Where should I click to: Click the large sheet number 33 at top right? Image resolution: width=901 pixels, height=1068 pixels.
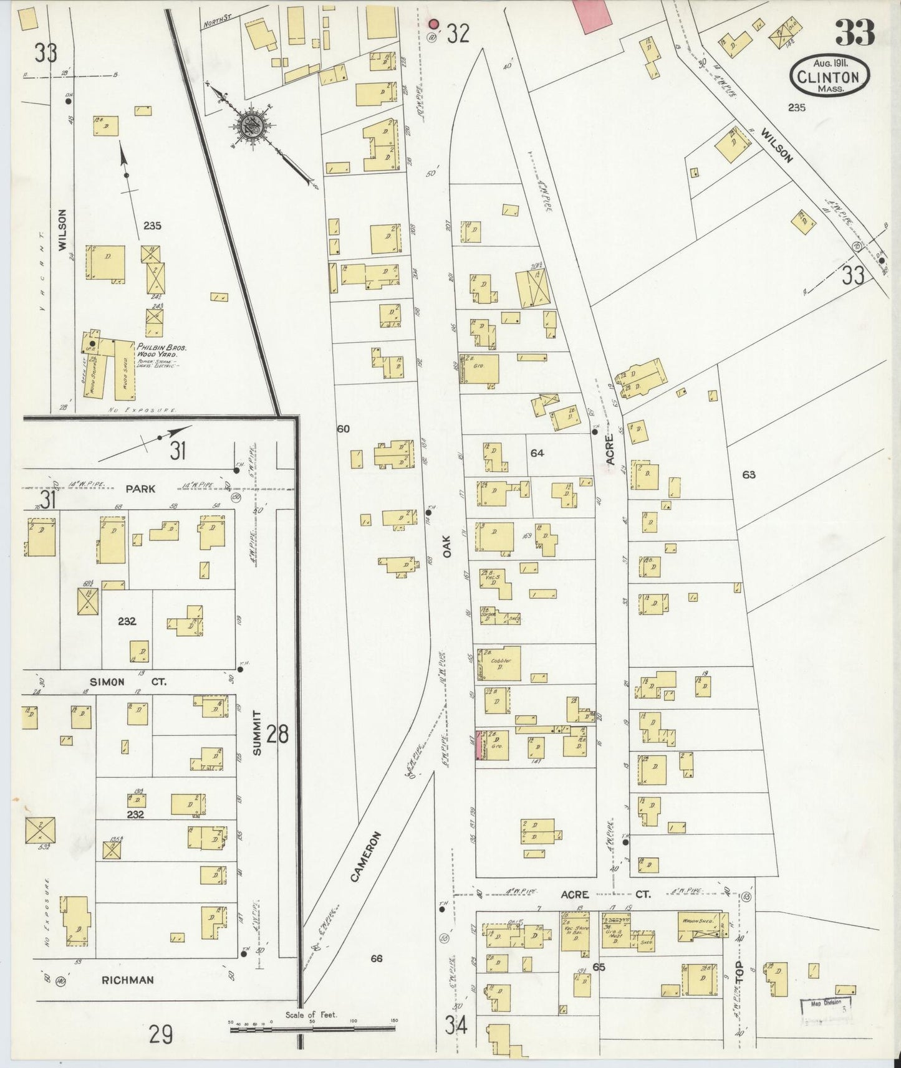coord(854,33)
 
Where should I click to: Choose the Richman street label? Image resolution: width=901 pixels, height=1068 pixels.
coord(127,980)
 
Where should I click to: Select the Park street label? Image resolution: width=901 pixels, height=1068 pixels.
coord(140,489)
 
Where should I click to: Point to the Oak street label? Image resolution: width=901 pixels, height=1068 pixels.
coord(446,546)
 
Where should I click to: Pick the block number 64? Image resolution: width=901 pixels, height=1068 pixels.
coord(537,453)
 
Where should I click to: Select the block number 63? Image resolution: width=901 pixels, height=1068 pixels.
coord(748,475)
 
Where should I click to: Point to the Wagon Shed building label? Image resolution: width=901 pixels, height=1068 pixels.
coord(697,920)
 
